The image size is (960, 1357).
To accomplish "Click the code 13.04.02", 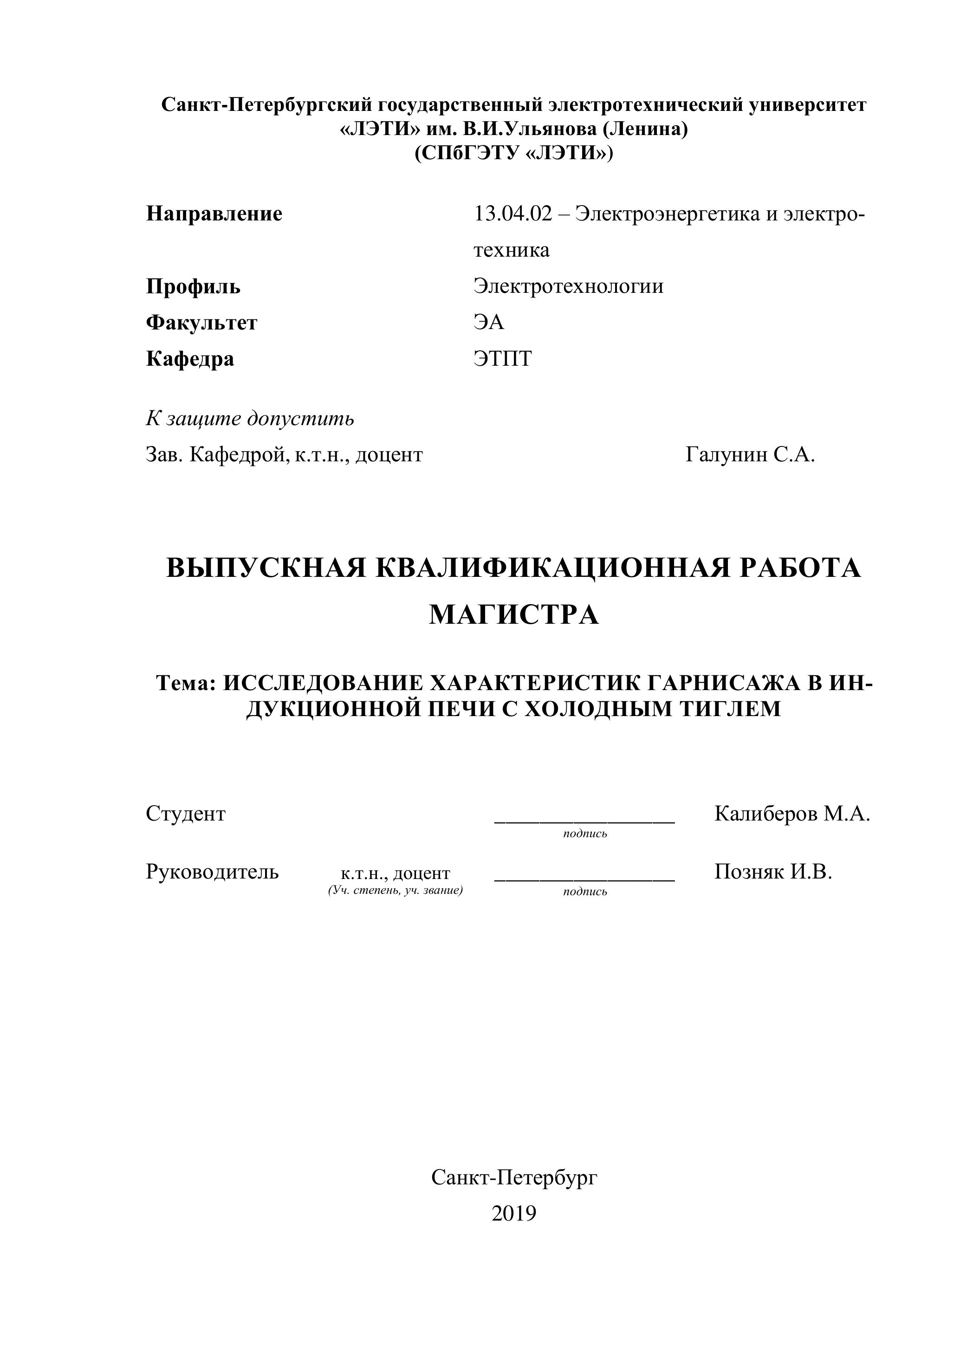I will [512, 213].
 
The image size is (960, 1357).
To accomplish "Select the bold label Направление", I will [214, 213].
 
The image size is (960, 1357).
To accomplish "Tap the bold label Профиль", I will [193, 287].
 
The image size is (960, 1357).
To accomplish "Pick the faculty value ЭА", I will [488, 322].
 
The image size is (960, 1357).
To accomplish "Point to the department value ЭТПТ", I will [502, 359].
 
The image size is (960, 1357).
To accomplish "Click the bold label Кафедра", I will [190, 359].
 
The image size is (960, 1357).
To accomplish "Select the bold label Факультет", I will [201, 323].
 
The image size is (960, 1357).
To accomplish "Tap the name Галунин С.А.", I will [750, 454].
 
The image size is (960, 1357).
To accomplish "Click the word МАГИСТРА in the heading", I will [514, 614].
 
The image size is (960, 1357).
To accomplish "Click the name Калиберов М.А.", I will [792, 814].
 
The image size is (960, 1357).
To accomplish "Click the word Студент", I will [186, 814].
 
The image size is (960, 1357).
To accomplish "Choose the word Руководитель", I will [212, 872].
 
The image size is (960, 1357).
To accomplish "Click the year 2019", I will [514, 1214].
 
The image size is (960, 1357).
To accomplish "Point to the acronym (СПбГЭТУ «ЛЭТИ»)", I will [514, 153].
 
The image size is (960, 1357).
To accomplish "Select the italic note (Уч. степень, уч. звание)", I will [395, 891].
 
